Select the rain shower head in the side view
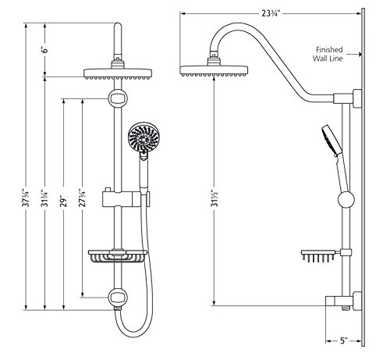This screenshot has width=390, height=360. coord(211,72)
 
